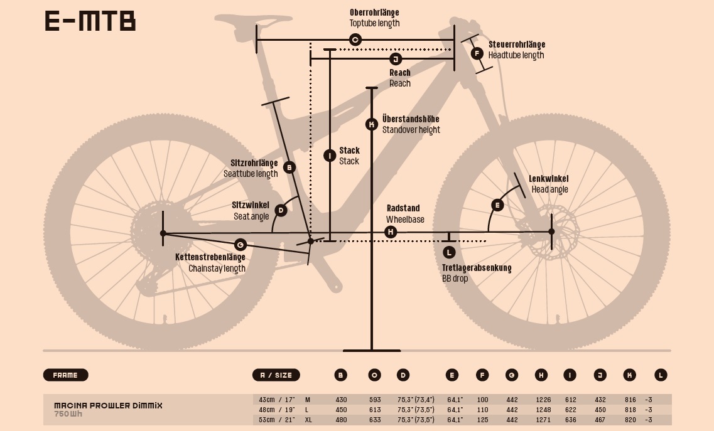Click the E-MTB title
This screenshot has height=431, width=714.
tap(90, 21)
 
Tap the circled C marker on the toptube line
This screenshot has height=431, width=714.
tap(355, 40)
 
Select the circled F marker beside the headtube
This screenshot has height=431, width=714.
tap(477, 53)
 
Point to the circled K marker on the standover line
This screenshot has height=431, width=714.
tap(372, 124)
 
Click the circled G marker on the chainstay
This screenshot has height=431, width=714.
tap(240, 244)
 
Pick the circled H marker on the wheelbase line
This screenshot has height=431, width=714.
tap(391, 232)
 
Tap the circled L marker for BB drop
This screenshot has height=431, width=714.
tap(448, 252)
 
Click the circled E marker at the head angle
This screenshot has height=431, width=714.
tap(497, 205)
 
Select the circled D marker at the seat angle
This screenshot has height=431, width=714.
tap(281, 210)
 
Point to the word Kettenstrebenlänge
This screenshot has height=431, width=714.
tap(210, 257)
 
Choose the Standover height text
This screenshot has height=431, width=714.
tap(411, 130)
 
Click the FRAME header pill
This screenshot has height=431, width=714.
tap(65, 375)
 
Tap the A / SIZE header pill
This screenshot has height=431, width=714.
tap(276, 375)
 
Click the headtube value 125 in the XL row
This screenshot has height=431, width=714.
tap(482, 420)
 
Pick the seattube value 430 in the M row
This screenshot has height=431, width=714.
tap(341, 400)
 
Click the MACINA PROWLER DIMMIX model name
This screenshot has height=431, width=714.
tap(108, 405)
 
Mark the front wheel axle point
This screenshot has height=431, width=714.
tap(551, 231)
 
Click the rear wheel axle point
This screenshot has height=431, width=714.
tap(163, 233)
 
